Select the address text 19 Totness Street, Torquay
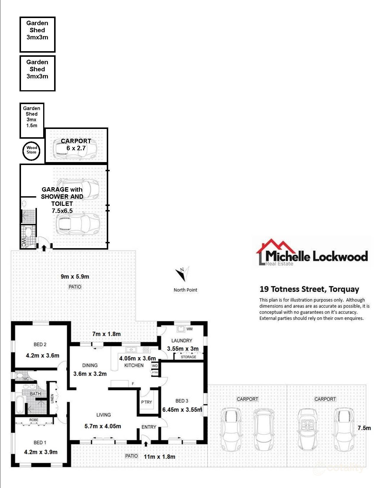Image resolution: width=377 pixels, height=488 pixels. coord(309,289)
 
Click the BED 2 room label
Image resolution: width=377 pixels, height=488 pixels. coord(40,344)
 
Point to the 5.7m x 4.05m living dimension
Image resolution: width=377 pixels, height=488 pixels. coord(103,426)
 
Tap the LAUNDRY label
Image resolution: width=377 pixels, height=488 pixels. coord(182,341)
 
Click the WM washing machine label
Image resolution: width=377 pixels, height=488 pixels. coord(190,329)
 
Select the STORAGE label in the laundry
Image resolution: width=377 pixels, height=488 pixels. coord(188,357)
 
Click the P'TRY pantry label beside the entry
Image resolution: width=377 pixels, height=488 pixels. coord(146,402)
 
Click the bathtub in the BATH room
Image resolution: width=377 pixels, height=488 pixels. coord(20,405)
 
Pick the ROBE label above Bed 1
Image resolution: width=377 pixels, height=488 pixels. coord(34,420)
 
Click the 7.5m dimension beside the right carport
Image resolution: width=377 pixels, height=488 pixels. coord(364,428)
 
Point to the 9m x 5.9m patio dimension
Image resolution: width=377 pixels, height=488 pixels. coord(75,277)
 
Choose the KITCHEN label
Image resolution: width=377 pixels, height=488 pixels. coord(134,365)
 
